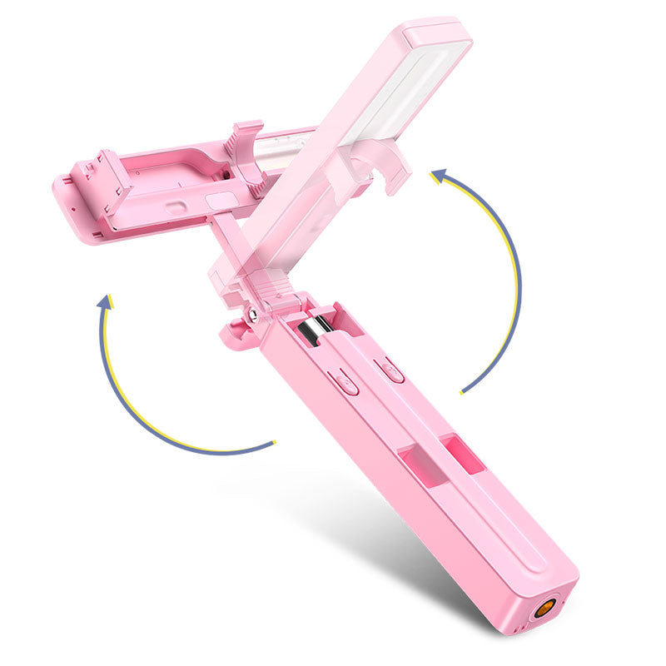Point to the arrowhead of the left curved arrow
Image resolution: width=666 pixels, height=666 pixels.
(x=105, y=301)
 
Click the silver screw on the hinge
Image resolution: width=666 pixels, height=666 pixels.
(x=250, y=314)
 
